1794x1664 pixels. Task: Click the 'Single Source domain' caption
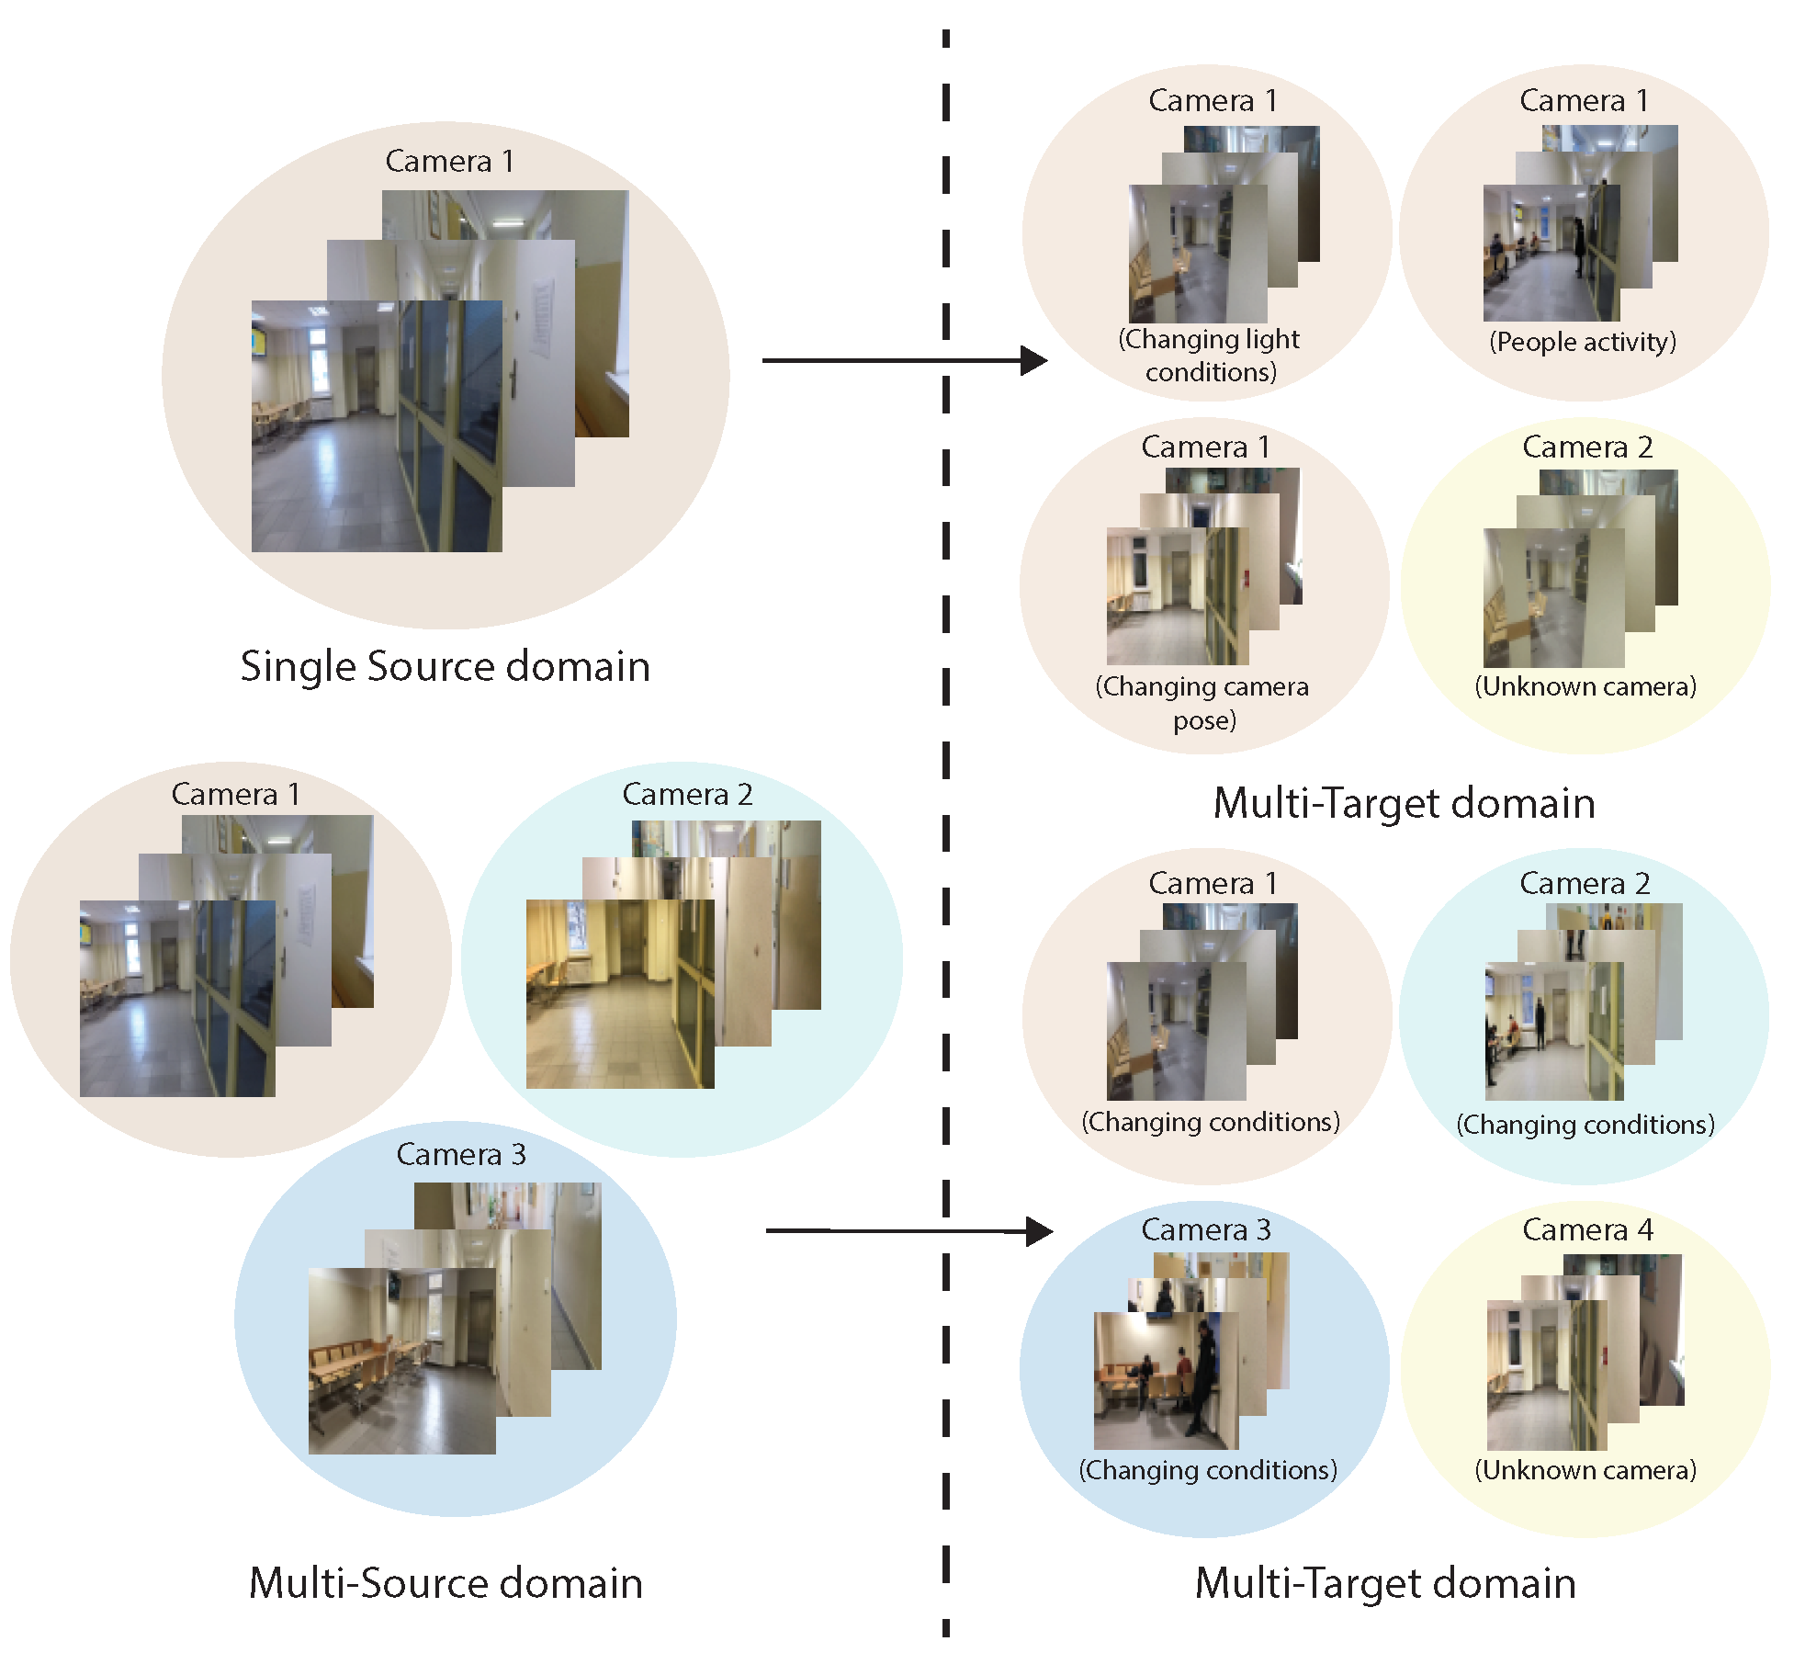pos(446,666)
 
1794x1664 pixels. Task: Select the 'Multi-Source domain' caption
pos(446,1582)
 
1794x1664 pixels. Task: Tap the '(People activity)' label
pos(1582,342)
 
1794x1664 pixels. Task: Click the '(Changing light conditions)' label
pos(1209,356)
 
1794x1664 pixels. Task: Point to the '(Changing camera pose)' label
pos(1202,703)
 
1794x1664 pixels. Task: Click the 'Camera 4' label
pos(1586,1229)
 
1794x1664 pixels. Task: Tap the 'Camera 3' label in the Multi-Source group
pos(460,1154)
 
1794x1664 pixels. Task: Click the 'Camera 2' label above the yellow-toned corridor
pos(687,794)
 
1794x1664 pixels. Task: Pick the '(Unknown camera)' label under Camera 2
pos(1585,686)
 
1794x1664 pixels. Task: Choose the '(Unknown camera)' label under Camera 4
pos(1585,1470)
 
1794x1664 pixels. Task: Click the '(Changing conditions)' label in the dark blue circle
pos(1207,1470)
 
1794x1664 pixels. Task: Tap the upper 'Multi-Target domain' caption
pos(1404,803)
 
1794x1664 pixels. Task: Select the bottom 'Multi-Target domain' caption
pos(1385,1583)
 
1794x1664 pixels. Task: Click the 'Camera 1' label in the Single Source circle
pos(449,161)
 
